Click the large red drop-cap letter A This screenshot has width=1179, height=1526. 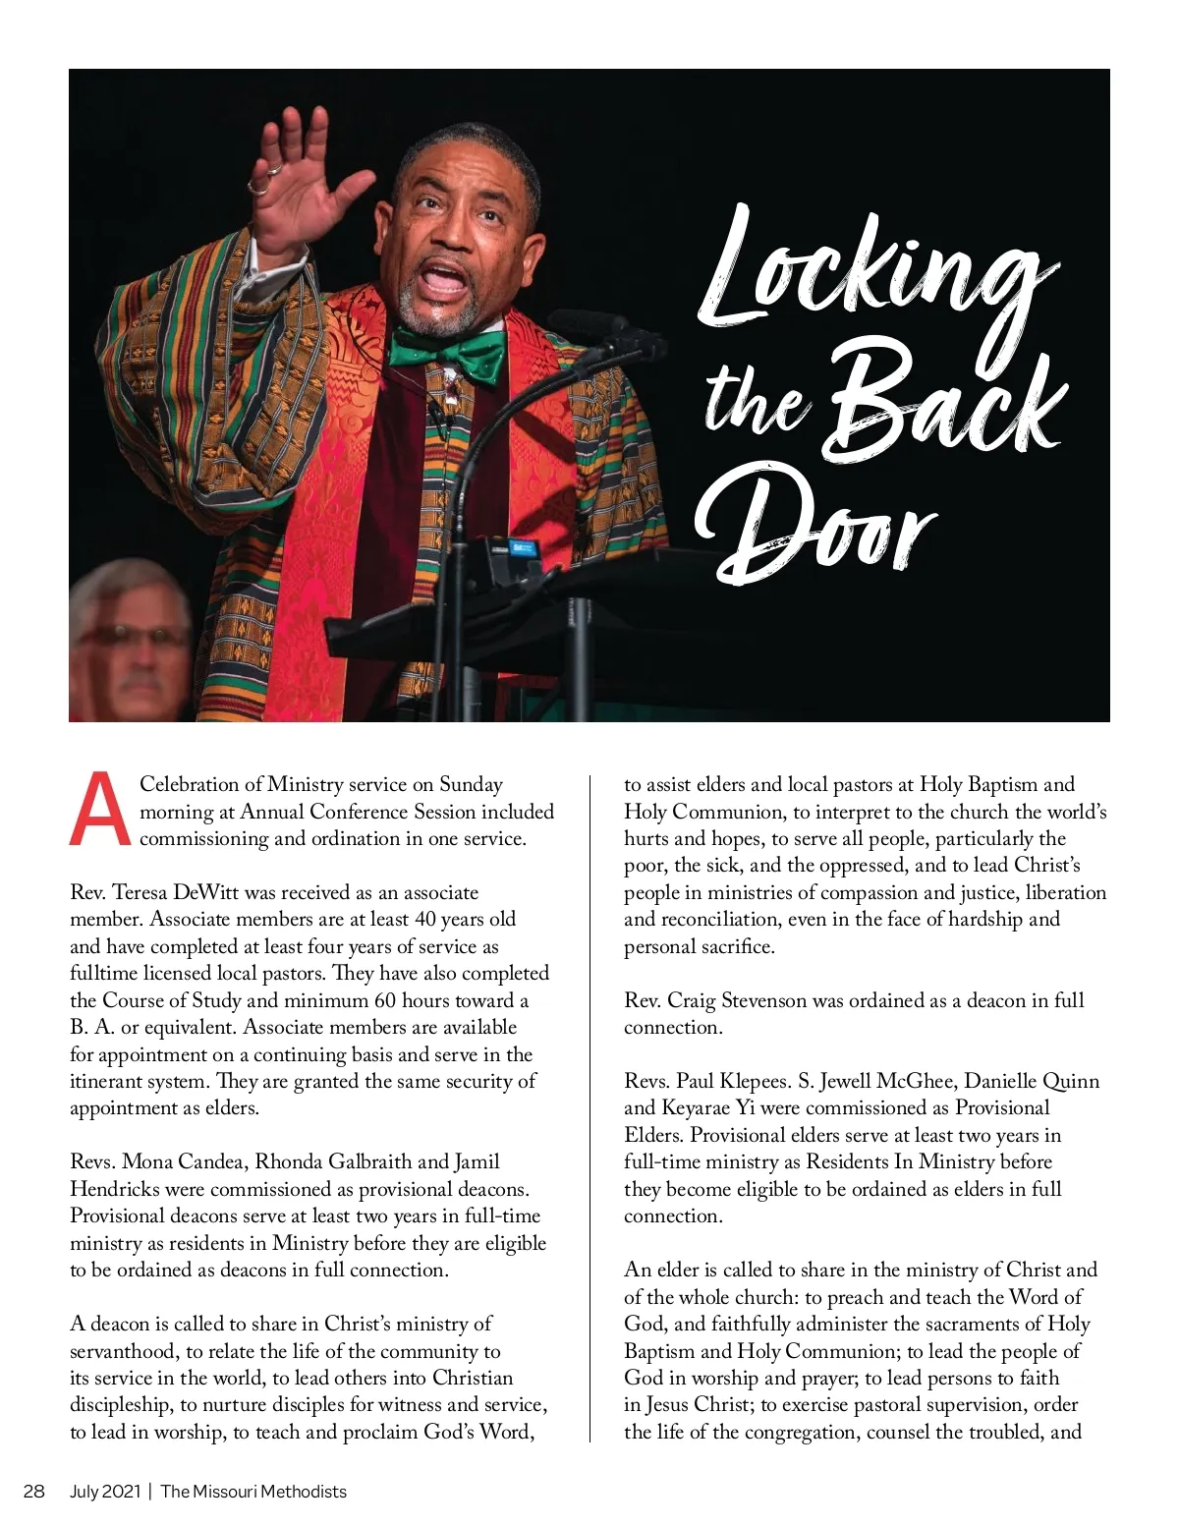100,811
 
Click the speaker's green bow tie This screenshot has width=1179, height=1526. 446,356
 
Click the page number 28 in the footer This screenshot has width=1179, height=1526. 34,1491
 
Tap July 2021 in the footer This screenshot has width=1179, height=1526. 104,1491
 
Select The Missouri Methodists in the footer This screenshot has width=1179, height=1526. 253,1491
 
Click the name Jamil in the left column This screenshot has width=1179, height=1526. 477,1161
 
